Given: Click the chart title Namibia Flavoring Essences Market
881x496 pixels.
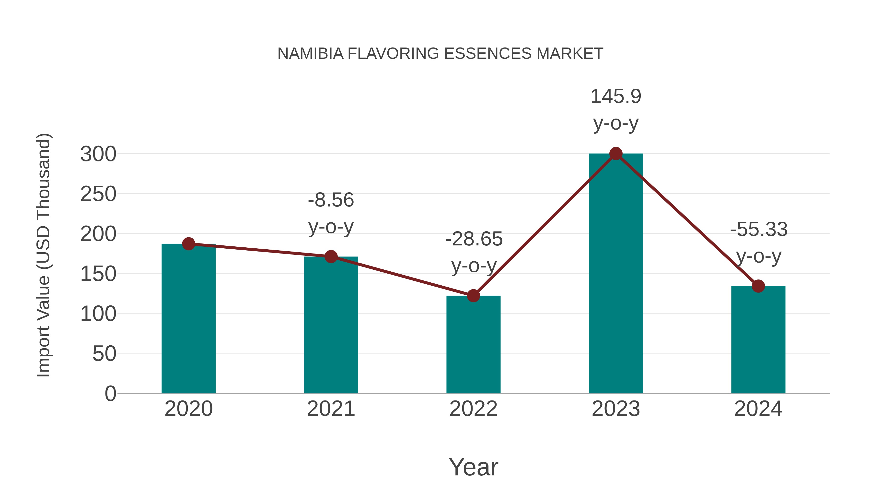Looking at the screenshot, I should (440, 53).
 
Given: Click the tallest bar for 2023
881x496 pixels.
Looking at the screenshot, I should (616, 274).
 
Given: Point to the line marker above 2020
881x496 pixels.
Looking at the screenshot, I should (188, 244).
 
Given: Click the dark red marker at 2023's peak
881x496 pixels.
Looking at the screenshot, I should (616, 154).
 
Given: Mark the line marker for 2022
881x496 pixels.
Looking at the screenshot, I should (473, 295).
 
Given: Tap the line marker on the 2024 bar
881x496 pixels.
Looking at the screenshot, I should (758, 286).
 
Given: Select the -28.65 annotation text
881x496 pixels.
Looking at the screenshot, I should (474, 239).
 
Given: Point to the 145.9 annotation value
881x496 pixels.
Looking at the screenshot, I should (616, 96).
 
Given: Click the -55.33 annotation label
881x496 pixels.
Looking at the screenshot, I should (759, 229).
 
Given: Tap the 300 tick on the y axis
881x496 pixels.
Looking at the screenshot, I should (98, 154).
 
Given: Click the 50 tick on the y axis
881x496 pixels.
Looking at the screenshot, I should (104, 354).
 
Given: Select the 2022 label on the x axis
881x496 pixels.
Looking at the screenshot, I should (473, 409).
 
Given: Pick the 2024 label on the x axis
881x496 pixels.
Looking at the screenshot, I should (758, 409).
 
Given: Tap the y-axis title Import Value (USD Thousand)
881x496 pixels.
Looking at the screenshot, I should (44, 255).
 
